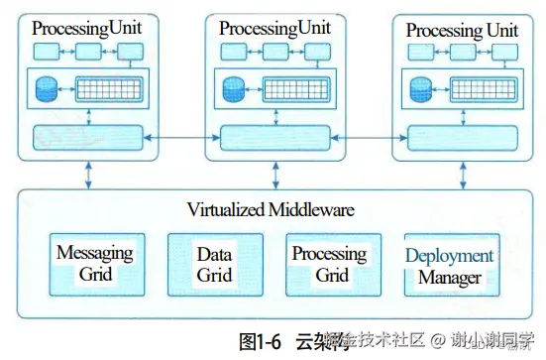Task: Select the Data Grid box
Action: (214, 264)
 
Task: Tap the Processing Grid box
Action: (332, 264)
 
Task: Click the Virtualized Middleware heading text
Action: (271, 210)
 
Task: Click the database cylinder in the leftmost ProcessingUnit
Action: (45, 90)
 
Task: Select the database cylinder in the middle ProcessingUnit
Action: (234, 90)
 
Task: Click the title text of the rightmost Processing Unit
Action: (462, 31)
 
